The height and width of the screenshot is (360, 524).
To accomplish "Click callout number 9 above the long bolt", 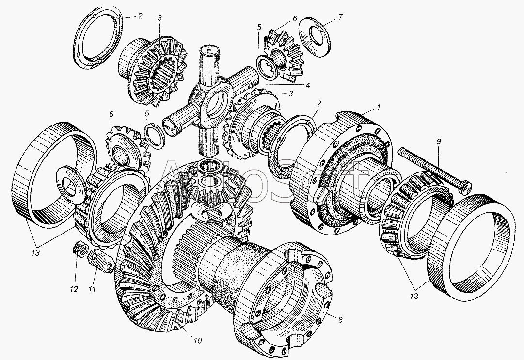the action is (438, 141).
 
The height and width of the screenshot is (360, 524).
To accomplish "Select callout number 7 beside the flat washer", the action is (340, 16).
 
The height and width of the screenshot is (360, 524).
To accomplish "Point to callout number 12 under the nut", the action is (74, 289).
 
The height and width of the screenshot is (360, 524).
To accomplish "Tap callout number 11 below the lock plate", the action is (92, 289).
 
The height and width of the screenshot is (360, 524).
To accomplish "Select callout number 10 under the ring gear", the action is (197, 340).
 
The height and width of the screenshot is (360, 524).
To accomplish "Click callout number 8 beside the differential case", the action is (340, 320).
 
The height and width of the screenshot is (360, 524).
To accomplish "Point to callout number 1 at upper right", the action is (378, 107).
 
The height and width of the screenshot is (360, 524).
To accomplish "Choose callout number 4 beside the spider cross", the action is (307, 85).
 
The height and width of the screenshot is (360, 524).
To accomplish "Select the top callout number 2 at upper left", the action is (140, 16).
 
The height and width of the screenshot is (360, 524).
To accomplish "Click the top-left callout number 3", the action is (160, 18).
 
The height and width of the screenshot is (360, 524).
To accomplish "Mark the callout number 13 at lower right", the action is (414, 296).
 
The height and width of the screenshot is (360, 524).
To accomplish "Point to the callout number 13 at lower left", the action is (35, 253).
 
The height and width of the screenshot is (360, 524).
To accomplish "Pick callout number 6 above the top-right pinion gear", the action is (294, 18).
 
